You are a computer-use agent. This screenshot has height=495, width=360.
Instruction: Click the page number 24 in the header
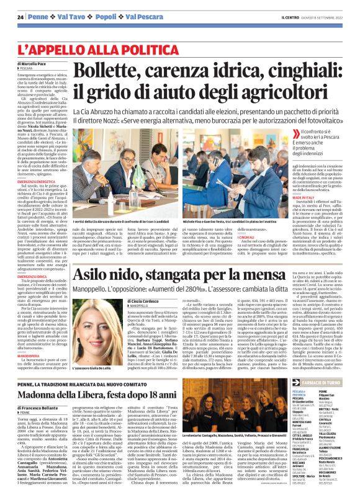20,16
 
